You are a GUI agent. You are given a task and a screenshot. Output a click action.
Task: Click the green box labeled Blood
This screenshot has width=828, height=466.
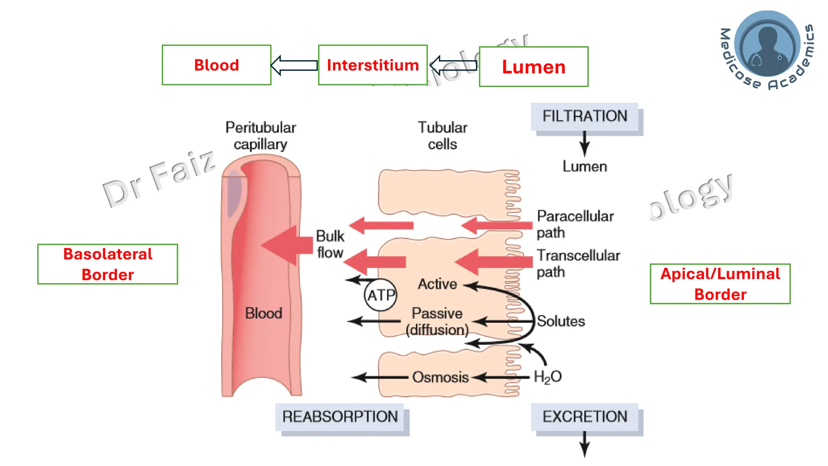click(x=216, y=65)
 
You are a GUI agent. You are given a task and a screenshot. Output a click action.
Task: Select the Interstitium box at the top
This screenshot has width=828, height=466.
click(x=372, y=65)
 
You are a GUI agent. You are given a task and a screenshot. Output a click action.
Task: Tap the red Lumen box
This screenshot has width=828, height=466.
click(x=533, y=67)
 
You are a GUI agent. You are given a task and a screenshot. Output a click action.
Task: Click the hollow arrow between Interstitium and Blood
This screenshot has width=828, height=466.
click(x=294, y=66)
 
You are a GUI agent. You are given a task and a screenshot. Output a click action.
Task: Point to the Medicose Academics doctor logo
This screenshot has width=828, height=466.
click(x=767, y=44)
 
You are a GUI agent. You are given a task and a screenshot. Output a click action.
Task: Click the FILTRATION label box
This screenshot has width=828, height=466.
click(x=585, y=116)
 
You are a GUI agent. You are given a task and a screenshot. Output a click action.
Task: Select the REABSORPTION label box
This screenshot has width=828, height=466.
click(x=340, y=417)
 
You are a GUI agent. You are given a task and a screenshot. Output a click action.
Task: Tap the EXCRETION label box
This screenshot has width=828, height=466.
click(x=585, y=417)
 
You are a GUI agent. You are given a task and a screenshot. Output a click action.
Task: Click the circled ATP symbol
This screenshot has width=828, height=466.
click(x=380, y=295)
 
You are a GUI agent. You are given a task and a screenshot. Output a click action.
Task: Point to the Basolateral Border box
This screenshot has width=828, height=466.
click(x=108, y=264)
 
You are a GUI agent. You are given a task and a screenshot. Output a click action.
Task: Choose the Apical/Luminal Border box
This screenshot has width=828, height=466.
click(x=720, y=284)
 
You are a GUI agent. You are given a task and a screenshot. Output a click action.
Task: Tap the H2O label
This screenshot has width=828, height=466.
click(x=547, y=377)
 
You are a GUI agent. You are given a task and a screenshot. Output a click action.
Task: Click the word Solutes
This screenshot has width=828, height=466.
click(x=561, y=321)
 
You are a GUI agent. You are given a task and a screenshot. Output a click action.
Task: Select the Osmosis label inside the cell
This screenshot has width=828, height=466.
click(x=440, y=377)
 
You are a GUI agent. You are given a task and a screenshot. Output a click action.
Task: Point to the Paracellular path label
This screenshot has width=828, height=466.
click(x=574, y=224)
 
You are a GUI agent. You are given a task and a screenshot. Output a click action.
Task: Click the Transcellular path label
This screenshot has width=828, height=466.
click(x=577, y=263)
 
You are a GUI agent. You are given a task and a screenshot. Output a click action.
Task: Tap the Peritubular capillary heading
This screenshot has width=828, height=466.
click(x=260, y=136)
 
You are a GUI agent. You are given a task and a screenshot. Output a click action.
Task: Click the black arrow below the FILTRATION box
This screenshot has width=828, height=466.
click(x=585, y=144)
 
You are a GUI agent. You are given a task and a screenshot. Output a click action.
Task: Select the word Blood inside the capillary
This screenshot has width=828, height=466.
click(x=263, y=313)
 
